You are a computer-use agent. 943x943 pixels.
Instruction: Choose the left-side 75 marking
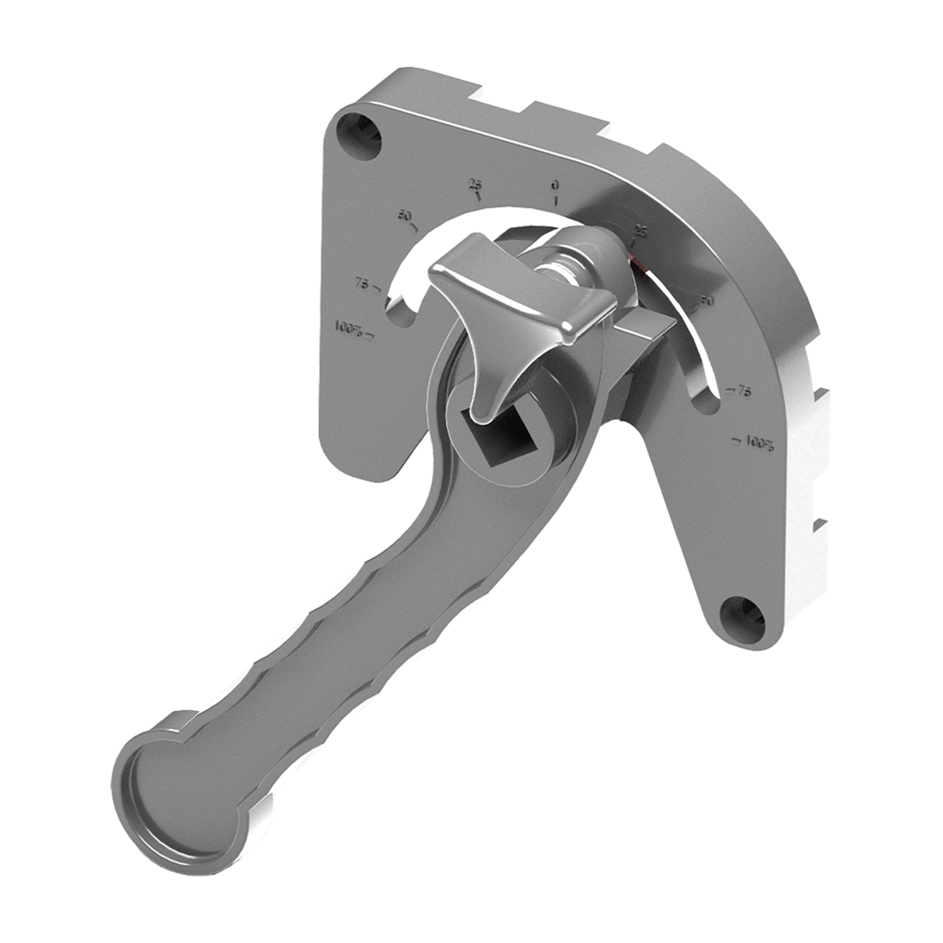(362, 283)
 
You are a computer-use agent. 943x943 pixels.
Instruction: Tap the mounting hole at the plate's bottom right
(743, 619)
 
